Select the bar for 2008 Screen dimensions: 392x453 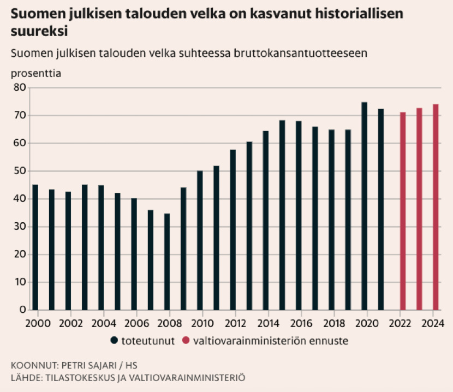pos(166,262)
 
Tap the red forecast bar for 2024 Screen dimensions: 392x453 pos(436,207)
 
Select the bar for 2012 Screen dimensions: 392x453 pos(233,230)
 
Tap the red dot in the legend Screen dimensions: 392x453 pos(186,341)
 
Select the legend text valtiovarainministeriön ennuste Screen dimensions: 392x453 pos(270,341)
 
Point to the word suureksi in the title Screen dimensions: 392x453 pos(39,31)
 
